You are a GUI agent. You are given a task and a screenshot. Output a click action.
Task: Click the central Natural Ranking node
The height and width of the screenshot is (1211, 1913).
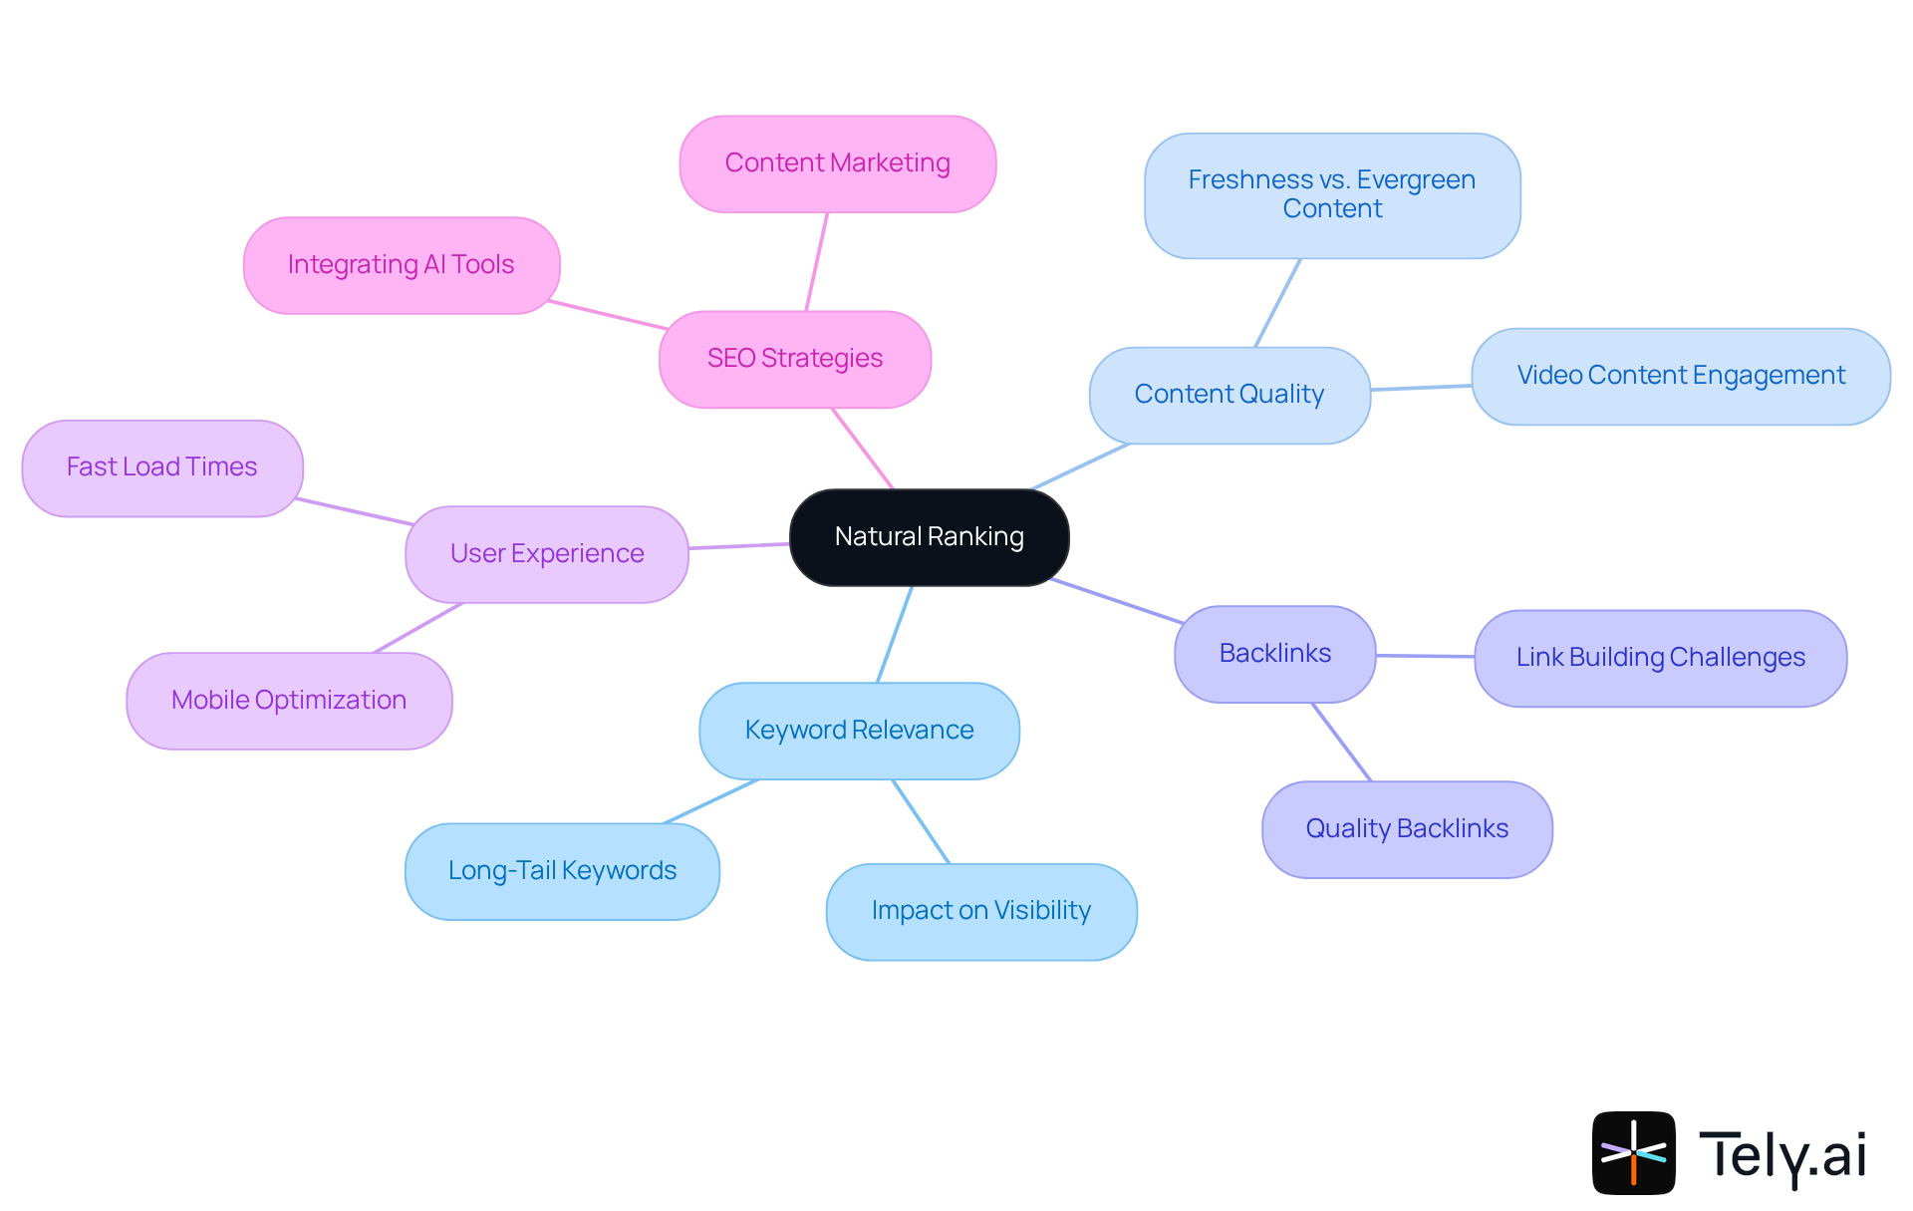pos(929,537)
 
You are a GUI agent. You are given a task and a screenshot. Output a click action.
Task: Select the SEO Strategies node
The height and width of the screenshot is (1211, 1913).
pos(794,359)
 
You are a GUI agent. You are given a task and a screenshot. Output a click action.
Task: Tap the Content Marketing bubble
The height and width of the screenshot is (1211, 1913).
pos(837,163)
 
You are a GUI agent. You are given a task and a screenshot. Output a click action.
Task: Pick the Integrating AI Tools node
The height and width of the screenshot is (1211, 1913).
pos(401,265)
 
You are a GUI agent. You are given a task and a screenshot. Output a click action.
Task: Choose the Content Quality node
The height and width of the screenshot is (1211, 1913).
pos(1229,395)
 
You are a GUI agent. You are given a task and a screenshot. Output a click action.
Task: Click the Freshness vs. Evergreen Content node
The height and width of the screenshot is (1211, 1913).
pos(1331,195)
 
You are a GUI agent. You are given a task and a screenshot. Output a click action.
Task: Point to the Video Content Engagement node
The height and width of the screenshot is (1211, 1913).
pos(1680,376)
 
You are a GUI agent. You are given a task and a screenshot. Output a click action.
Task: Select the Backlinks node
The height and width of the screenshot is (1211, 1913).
pos(1274,654)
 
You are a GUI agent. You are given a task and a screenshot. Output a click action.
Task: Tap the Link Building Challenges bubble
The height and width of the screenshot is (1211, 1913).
pos(1660,658)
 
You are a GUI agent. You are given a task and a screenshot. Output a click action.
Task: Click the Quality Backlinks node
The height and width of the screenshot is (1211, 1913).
pos(1406,829)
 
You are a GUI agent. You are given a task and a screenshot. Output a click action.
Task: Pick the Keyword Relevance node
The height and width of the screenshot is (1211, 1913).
pos(859,731)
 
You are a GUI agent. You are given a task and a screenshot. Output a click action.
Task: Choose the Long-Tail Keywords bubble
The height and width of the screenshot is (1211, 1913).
pos(562,871)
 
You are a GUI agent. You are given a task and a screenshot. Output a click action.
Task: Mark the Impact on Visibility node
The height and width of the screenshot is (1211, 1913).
pos(980,911)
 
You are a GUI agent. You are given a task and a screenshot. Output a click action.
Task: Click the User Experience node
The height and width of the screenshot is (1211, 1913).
pos(546,554)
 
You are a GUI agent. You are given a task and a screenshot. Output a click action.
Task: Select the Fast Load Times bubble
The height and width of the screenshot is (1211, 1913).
pos(161,467)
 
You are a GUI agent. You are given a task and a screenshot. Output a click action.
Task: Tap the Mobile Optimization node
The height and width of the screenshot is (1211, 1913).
pos(289,701)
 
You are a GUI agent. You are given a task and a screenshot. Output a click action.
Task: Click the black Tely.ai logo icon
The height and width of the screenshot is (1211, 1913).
pos(1633,1152)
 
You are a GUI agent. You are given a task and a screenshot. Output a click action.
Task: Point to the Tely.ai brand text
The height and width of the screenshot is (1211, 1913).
pos(1781,1155)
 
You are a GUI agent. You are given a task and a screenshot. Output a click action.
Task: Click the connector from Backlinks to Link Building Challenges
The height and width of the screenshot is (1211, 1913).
pos(1425,656)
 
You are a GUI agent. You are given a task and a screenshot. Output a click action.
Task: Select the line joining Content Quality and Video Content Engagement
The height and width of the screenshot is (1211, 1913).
pos(1421,387)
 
